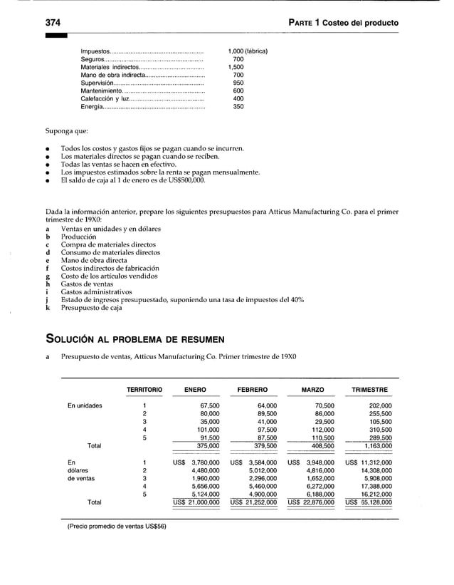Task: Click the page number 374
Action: pyautogui.click(x=52, y=23)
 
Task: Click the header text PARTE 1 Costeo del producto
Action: pyautogui.click(x=343, y=23)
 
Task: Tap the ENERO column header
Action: pyautogui.click(x=195, y=390)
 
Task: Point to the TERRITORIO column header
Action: pyautogui.click(x=144, y=390)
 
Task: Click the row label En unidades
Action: pyautogui.click(x=85, y=405)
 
